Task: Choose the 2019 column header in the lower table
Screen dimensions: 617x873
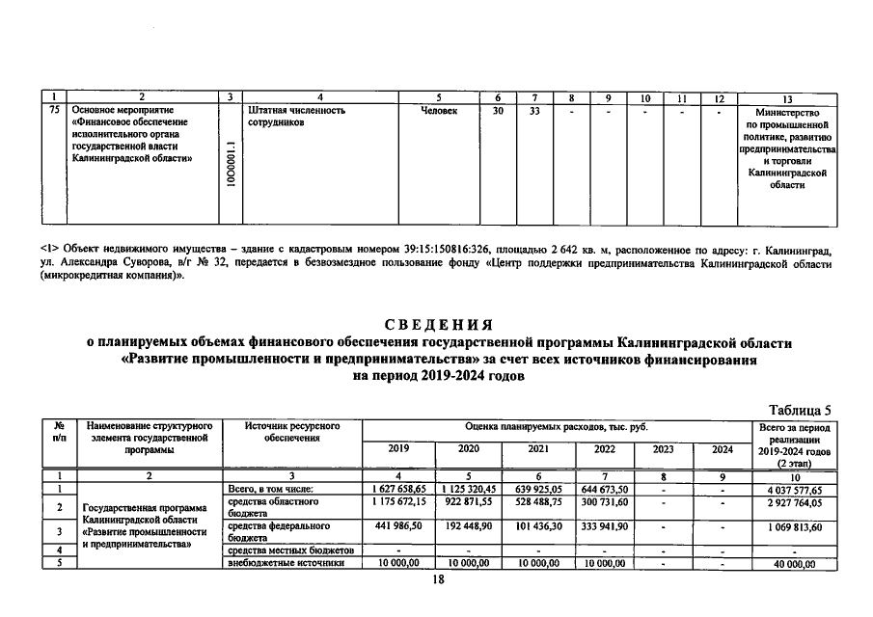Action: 397,448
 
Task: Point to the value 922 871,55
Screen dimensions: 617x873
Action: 469,502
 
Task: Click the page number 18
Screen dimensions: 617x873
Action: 437,580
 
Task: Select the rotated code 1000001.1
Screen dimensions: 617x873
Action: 230,165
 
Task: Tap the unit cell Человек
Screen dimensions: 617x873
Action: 439,111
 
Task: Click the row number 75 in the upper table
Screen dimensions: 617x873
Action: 53,111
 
